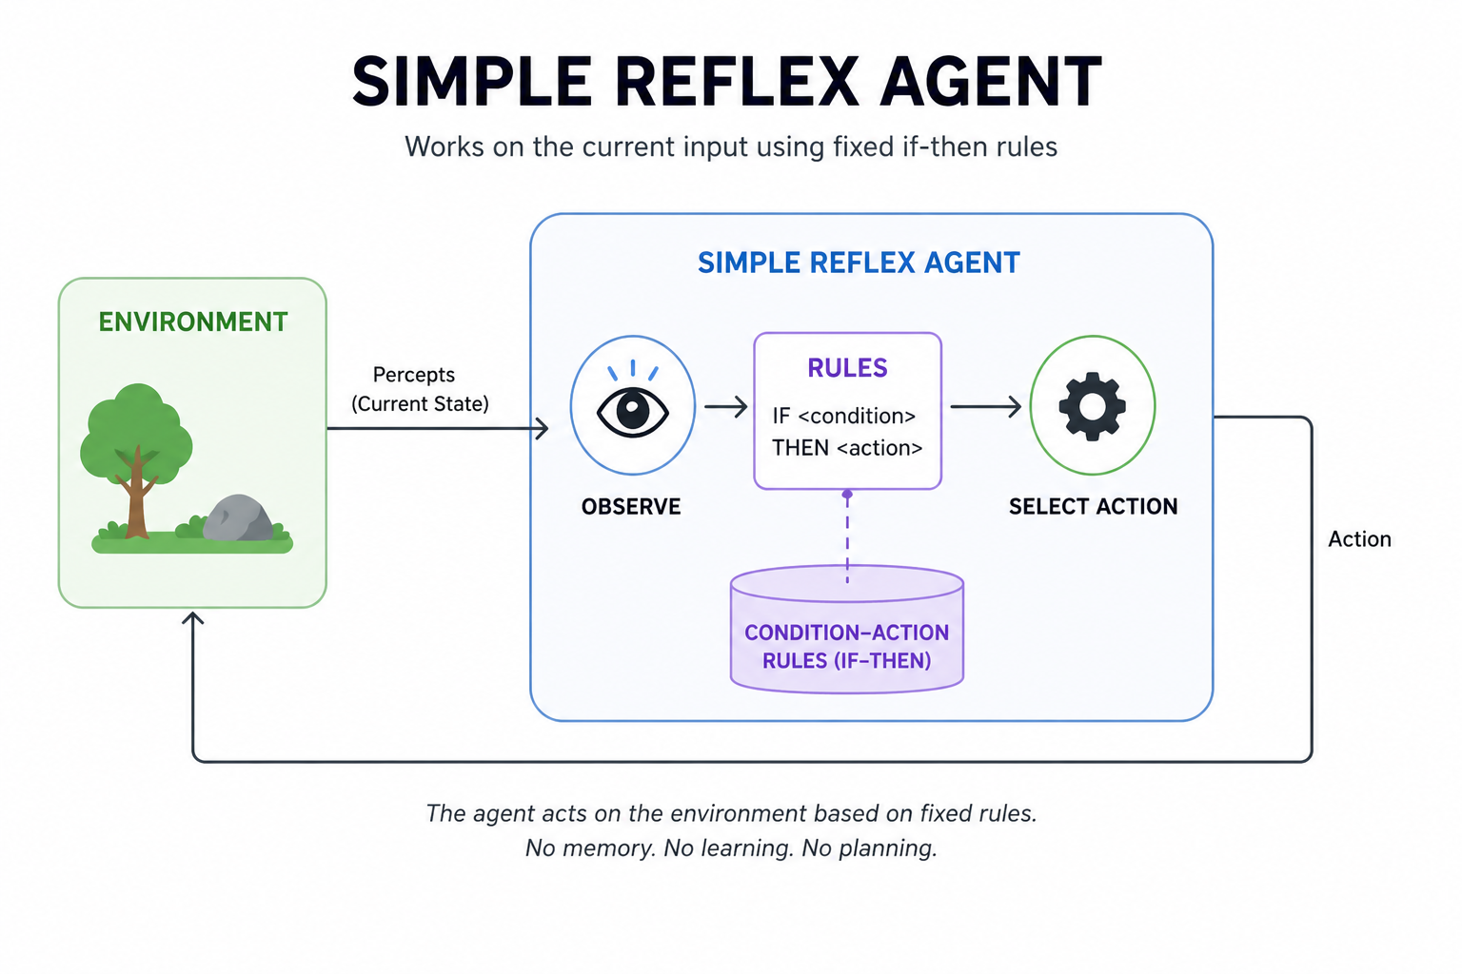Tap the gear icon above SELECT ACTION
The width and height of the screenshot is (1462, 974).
coord(1092,406)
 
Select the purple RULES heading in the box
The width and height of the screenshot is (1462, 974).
coord(847,368)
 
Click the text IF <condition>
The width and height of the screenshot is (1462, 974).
coord(843,416)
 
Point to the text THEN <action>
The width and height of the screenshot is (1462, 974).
coord(847,448)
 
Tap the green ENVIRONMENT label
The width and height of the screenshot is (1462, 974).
coord(193,322)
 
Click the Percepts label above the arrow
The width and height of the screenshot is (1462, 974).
coord(414,375)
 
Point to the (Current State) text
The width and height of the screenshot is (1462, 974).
coord(420,404)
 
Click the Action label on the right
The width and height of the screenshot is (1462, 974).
coord(1359,539)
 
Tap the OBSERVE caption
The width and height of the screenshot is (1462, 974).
coord(631,507)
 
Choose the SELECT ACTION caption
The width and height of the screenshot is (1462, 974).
coord(1093,507)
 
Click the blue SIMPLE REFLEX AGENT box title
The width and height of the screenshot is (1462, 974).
coord(859,263)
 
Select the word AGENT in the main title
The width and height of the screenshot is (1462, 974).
coord(991,83)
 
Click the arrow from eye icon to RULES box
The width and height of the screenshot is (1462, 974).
coord(726,407)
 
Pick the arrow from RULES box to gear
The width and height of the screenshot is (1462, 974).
coord(986,407)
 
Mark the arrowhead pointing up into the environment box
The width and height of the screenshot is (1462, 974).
coord(193,619)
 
